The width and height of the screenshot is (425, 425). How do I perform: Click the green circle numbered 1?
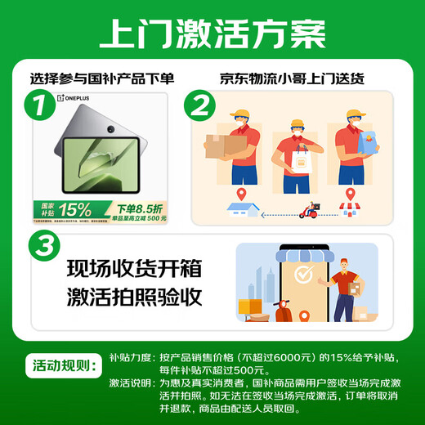pyautogui.click(x=34, y=105)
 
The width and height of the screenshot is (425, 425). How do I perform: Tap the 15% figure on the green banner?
pyautogui.click(x=74, y=208)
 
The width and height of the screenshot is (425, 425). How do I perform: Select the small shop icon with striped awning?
pyautogui.click(x=351, y=211)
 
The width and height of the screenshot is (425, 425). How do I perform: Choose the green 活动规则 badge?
pyautogui.click(x=66, y=363)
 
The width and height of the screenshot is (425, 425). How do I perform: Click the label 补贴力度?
pyautogui.click(x=131, y=357)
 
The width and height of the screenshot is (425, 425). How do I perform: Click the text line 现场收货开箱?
pyautogui.click(x=134, y=269)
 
